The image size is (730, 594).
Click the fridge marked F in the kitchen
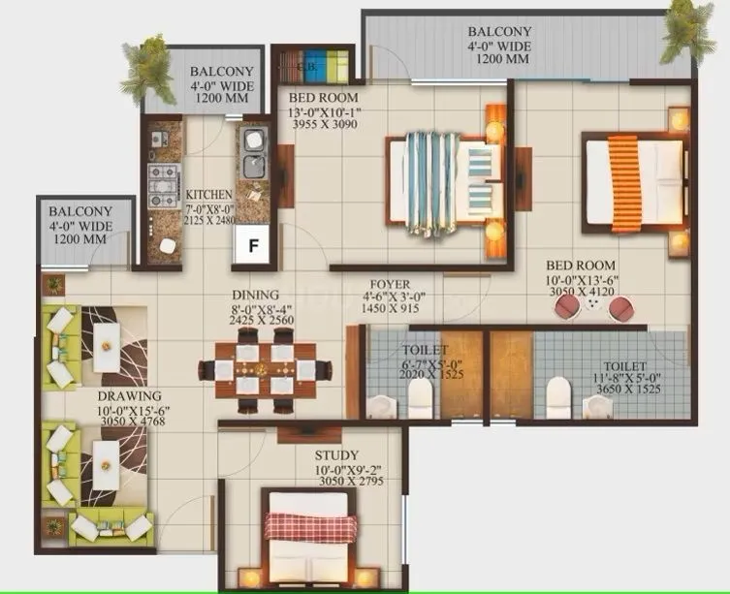pos(253,246)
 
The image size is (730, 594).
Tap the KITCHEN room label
pos(209,193)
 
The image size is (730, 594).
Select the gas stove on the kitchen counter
pos(160,179)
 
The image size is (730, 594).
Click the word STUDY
pos(337,454)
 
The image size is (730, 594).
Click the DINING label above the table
pos(256,295)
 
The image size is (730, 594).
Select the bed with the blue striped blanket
pos(441,183)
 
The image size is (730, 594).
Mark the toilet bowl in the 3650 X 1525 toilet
pos(557,395)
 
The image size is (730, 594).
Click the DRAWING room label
pos(128,396)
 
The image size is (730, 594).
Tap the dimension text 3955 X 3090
pos(324,127)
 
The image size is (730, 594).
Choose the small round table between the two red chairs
pos(591,306)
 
